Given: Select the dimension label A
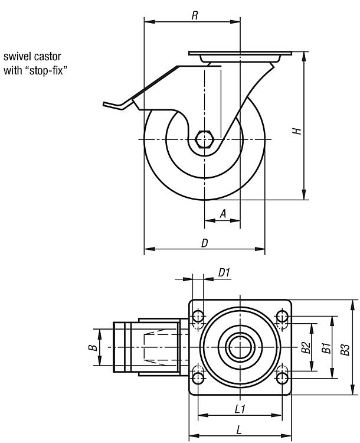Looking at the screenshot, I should click(x=223, y=214).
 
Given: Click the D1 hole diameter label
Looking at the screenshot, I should click(x=224, y=272).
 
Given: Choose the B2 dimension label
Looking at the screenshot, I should click(x=305, y=348).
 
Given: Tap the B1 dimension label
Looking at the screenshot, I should click(x=325, y=348).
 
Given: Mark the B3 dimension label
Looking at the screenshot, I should click(x=346, y=348).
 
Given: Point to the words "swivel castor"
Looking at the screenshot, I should click(x=32, y=57).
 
